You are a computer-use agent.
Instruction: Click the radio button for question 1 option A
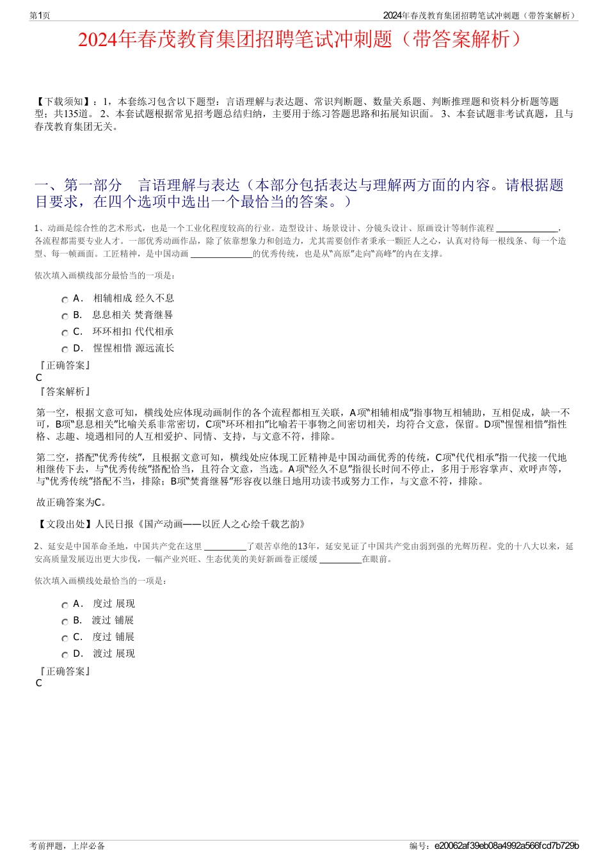65,300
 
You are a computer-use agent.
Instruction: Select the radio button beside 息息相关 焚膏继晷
65,316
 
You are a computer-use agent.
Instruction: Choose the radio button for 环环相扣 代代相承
65,333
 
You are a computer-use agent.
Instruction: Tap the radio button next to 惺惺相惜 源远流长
65,350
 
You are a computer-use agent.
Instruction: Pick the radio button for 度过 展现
65,605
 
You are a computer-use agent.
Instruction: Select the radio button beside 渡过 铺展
65,622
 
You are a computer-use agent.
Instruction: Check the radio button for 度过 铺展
65,638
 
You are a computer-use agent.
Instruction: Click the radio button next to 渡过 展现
65,655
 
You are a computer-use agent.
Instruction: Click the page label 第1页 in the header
40,15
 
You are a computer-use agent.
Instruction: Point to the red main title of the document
304,40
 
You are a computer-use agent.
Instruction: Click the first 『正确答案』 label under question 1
64,365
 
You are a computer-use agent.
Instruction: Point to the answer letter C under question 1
39,378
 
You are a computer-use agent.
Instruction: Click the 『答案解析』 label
64,391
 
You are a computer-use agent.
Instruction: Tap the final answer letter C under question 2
39,683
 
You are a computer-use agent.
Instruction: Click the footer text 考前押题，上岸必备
67,846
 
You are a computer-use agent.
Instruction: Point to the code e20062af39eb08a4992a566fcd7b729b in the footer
506,846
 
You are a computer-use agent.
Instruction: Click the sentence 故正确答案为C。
72,503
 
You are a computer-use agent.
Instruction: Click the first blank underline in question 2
225,547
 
